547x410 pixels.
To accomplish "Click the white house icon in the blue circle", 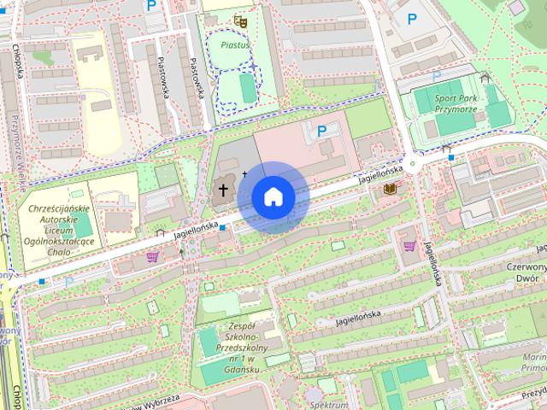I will pos(273,196).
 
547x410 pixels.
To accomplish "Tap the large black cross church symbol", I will pos(224,189).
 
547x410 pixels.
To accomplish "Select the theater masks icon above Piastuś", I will pos(239,19).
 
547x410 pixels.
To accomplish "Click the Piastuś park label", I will pos(234,43).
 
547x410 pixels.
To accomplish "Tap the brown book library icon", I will pos(391,187).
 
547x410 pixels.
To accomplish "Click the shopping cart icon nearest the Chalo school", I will pos(153,255).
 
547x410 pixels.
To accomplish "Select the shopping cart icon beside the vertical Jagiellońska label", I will pos(410,246).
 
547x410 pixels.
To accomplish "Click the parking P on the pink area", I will pos(321,131).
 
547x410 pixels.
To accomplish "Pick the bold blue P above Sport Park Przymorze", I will pos(412,18).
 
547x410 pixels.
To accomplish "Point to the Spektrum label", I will pos(328,404).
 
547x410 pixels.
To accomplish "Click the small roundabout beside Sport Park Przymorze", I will pos(413,163).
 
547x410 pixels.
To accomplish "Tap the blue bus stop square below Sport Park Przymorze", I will pos(450,156).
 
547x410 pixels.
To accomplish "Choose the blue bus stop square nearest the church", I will pos(222,228).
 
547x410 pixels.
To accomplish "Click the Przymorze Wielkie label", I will pos(17,154).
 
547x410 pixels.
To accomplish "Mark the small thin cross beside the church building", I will pos(244,174).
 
